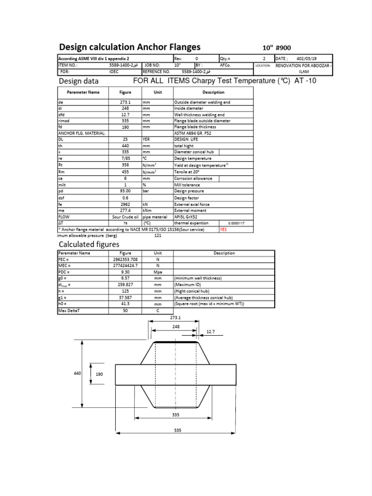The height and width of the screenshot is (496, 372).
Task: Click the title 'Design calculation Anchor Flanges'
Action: (129, 47)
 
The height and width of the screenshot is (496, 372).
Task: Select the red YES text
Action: (223, 230)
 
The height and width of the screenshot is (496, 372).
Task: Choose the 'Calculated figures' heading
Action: (89, 244)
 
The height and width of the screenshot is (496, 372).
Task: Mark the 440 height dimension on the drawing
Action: (77, 373)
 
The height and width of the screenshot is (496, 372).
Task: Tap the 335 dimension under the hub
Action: (175, 415)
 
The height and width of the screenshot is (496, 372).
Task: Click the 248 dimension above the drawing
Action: (175, 326)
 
